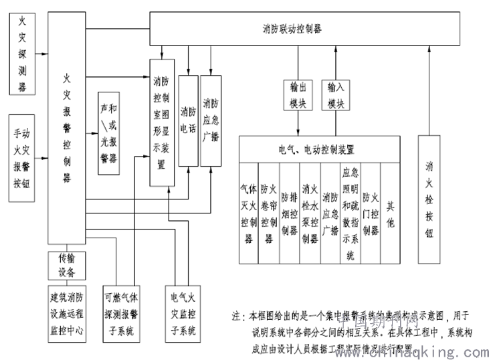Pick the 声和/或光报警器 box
[x=108, y=133]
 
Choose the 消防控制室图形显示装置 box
[x=161, y=124]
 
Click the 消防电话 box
[x=188, y=120]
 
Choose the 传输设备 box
[x=66, y=265]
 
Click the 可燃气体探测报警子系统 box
[x=121, y=312]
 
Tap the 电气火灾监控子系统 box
[x=183, y=312]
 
